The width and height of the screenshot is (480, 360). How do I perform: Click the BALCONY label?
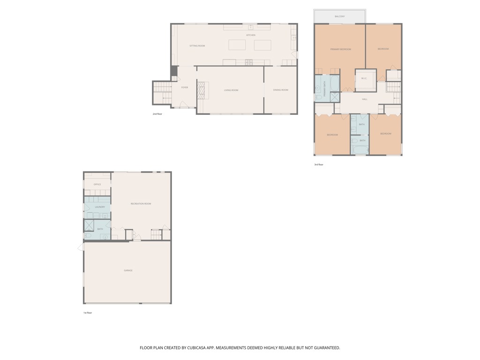tap(340, 16)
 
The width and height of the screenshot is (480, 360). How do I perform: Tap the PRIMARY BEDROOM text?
tap(340, 49)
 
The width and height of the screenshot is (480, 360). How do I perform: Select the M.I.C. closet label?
tap(364, 78)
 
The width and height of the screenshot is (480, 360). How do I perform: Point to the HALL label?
tap(365, 99)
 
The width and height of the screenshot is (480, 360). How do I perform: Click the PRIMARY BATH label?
tap(324, 89)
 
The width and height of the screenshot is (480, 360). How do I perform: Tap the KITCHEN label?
tap(251, 35)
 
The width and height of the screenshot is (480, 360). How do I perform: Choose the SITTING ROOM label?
tap(197, 46)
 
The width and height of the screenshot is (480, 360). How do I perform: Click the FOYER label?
tap(185, 87)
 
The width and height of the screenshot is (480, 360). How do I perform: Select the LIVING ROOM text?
tap(231, 90)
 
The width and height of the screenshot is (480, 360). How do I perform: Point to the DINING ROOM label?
tap(280, 90)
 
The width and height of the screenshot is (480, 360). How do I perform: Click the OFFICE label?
tap(97, 184)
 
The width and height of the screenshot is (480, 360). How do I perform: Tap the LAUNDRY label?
tap(100, 207)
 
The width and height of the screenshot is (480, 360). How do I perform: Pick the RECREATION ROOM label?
tap(141, 203)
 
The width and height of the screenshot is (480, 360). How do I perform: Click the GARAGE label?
tap(128, 270)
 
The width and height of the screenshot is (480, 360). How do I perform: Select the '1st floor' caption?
tap(88, 313)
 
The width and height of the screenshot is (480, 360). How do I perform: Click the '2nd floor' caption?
tap(157, 114)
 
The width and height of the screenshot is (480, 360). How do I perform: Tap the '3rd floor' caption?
tap(319, 165)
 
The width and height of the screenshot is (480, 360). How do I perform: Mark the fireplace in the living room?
tap(201, 90)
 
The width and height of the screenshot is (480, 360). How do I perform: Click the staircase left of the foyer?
tap(162, 92)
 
